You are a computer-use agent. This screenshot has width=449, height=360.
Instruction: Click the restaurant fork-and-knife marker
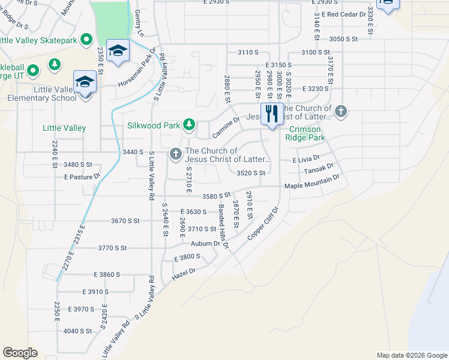(272, 113)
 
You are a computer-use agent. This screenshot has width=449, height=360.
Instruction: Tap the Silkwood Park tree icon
(189, 125)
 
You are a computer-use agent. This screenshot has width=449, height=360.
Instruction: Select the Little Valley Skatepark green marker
(86, 40)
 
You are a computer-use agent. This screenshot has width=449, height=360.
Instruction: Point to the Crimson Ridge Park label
(307, 133)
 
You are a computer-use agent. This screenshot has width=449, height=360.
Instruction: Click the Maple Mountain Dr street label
(312, 182)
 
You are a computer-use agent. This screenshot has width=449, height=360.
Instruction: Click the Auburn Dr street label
(206, 244)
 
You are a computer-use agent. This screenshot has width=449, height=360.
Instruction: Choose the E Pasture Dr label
(81, 178)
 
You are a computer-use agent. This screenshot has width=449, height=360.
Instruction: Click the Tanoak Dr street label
(318, 170)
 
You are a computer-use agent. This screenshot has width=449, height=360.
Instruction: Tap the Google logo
(20, 353)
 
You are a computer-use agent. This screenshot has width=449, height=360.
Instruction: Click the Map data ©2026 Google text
(411, 355)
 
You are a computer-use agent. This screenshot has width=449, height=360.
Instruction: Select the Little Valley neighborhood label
(64, 128)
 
